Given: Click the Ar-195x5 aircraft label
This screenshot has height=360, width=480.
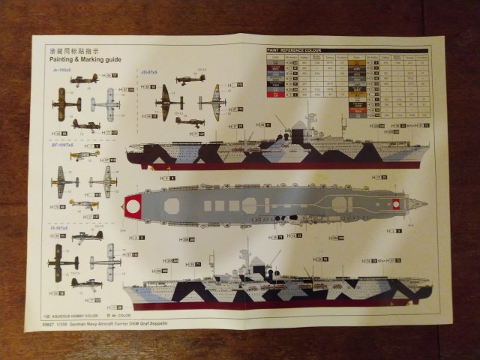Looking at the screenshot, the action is coord(61,70).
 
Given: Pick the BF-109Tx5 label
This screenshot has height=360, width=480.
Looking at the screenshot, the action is coord(61,145).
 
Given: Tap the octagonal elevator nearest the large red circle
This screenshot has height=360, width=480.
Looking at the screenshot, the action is coord(172,204).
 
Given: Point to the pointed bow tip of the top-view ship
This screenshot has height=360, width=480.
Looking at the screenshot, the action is coord(426,203).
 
